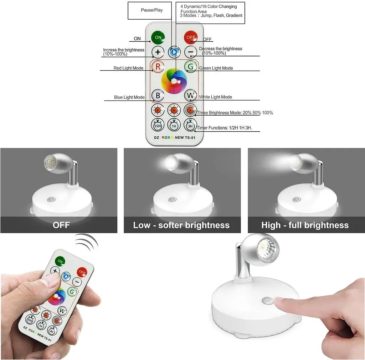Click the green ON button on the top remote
158,37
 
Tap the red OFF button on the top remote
191,37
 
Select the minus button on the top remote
191,52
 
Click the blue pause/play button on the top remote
174,52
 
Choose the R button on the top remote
158,67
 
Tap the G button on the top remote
191,67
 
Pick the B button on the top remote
158,95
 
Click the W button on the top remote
190,95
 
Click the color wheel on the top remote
174,81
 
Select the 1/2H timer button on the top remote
158,125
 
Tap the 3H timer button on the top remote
190,125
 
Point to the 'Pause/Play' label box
150,10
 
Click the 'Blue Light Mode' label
129,97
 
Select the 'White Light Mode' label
215,97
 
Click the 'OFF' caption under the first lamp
61,225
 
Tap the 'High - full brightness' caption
305,225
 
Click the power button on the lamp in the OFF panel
51,199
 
